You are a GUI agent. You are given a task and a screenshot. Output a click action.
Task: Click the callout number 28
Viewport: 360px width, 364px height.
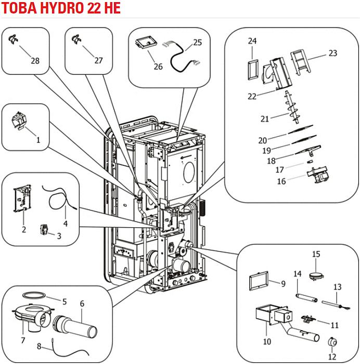(34, 61)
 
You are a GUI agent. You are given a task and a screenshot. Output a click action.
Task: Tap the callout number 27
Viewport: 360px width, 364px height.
(99, 60)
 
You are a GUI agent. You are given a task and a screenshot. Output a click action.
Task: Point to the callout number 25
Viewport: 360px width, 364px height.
(197, 43)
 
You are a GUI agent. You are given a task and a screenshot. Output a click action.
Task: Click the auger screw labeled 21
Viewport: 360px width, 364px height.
(288, 110)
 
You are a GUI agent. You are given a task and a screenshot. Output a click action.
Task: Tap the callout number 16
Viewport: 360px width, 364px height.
(281, 181)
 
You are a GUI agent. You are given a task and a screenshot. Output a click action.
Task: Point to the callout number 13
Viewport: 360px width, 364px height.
(337, 287)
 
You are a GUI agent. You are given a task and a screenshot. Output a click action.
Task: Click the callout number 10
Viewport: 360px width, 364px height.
(267, 342)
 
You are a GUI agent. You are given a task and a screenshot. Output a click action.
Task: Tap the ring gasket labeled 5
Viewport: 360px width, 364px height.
(34, 294)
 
